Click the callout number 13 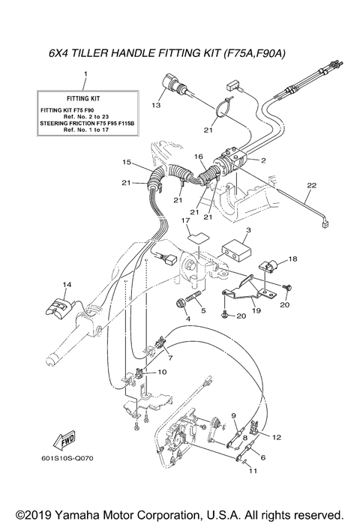click(x=156, y=106)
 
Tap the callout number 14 click(x=67, y=284)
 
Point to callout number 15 click(x=127, y=162)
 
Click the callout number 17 click(x=182, y=221)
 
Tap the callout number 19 click(x=256, y=310)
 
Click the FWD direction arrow click(x=62, y=438)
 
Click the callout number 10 click(x=162, y=371)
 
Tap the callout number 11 click(x=252, y=470)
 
